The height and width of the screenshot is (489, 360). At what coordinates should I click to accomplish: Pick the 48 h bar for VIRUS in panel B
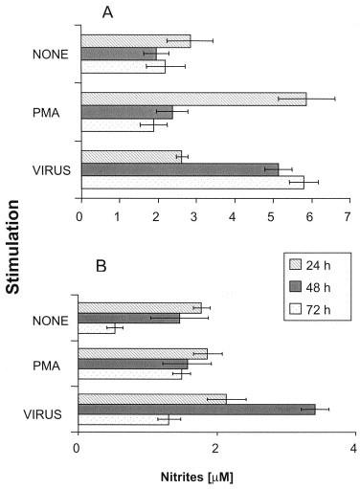click(195, 410)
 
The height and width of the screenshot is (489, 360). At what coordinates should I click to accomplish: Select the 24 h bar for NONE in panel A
click(136, 41)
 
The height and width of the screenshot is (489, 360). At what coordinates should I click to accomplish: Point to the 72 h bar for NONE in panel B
click(96, 329)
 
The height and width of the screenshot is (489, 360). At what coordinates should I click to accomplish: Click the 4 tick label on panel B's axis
click(354, 446)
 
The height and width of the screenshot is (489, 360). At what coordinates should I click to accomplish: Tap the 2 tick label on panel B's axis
click(215, 446)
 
